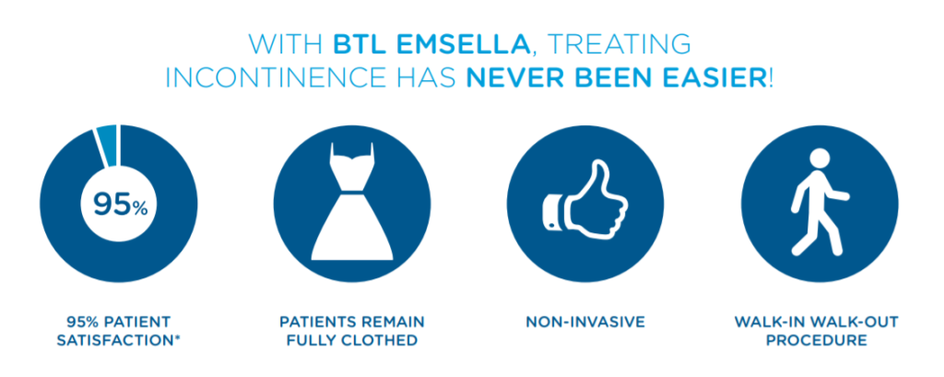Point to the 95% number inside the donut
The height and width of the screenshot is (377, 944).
point(119,206)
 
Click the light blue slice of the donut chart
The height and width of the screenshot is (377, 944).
point(107,145)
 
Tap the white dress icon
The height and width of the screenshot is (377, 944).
point(352,202)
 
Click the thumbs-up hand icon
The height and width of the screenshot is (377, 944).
point(584,202)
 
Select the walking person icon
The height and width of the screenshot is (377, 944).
point(819,202)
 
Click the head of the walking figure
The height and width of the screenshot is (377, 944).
point(820,158)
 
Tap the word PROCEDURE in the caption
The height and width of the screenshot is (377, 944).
point(819,341)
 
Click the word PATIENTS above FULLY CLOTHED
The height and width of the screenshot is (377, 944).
point(316,323)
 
